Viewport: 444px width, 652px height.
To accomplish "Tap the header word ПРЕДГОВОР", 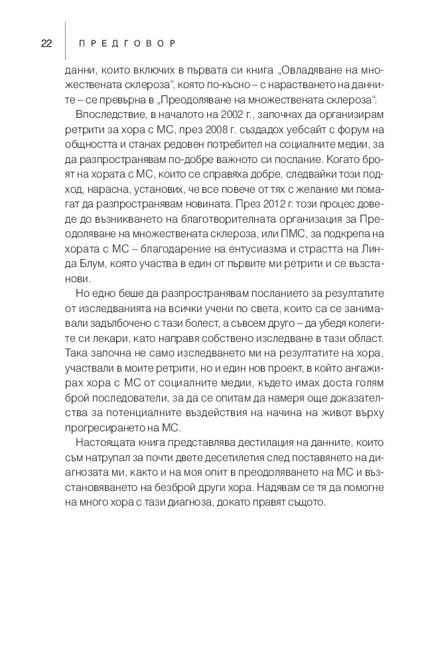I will pyautogui.click(x=126, y=44).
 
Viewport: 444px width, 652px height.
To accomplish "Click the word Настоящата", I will pyautogui.click(x=105, y=441).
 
